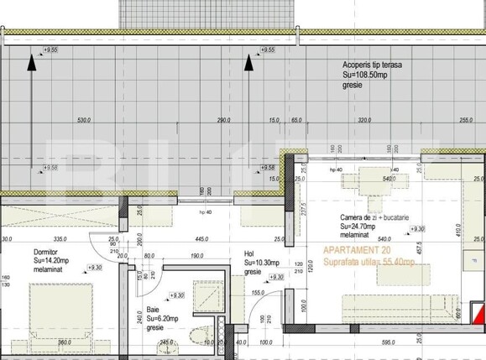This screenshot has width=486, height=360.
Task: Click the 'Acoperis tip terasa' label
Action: tap(371, 65)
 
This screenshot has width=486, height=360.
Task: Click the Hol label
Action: tap(248, 253)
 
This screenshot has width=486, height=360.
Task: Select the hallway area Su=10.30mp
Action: tap(262, 263)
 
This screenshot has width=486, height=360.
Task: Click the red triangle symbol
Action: tap(479, 314)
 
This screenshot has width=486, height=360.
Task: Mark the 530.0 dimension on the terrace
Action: tap(83, 121)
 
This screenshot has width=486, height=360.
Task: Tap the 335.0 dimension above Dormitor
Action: tap(57, 238)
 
